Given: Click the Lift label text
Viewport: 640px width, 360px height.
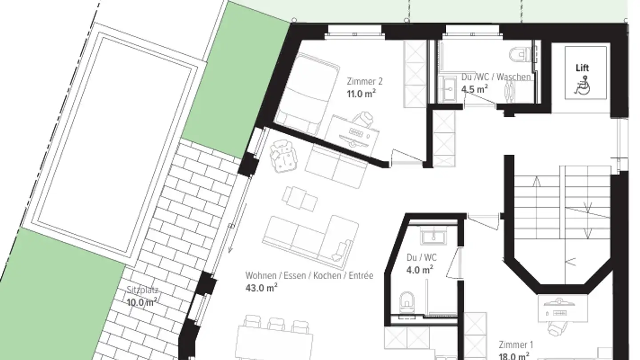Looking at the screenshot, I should pos(582,68).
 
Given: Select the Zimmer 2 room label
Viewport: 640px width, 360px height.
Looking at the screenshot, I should pos(364,81).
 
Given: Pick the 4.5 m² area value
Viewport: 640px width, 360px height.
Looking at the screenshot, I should pos(474,89).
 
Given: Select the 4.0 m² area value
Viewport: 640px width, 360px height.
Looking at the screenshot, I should pos(420,270).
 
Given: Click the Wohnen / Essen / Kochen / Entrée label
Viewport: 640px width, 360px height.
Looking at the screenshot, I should pos(309,276).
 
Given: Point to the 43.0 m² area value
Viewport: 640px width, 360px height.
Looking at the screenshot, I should pos(261,288).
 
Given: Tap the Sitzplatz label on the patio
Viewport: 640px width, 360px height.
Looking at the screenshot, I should pos(142,291).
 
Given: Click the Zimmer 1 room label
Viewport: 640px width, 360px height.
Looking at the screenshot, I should pos(516,344).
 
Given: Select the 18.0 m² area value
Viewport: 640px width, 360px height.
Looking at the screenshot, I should pos(514,356).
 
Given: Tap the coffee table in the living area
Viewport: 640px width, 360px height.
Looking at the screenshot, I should pos(301,199).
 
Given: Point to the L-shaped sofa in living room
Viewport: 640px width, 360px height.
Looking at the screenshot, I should pos(311,238).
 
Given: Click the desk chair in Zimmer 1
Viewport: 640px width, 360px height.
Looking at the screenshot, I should pos(556,328).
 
